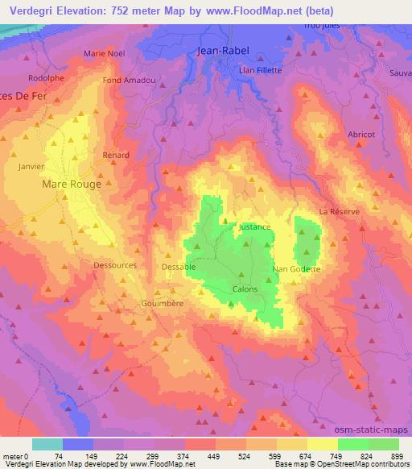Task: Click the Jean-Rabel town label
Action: (x=224, y=51)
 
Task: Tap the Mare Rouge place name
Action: (x=72, y=184)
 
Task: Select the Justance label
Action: (x=254, y=227)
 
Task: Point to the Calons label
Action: (x=245, y=288)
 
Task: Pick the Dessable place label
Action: (x=179, y=266)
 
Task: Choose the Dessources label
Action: (x=115, y=264)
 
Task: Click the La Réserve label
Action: (x=339, y=211)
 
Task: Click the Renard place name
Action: (x=116, y=154)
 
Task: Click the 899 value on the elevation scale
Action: (x=398, y=455)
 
